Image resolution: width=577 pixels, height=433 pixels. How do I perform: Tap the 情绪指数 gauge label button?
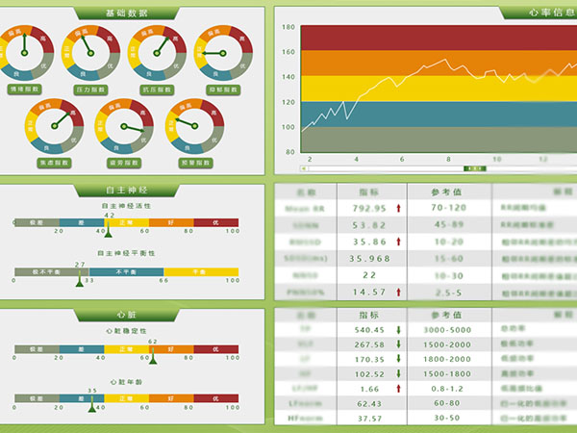pyautogui.click(x=23, y=89)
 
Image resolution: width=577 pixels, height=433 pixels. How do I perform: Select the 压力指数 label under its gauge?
pyautogui.click(x=89, y=89)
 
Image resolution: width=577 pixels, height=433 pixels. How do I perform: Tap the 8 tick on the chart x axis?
pyautogui.click(x=448, y=159)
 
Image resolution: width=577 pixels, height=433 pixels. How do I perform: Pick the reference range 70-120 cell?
pyautogui.click(x=448, y=207)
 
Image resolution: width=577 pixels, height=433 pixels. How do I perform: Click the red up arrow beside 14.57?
pyautogui.click(x=398, y=292)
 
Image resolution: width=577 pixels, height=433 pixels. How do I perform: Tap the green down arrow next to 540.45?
pyautogui.click(x=398, y=330)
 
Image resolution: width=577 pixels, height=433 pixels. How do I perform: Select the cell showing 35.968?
pyautogui.click(x=369, y=258)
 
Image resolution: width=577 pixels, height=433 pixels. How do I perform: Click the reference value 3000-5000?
pyautogui.click(x=448, y=330)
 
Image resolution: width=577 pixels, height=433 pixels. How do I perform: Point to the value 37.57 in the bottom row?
pyautogui.click(x=369, y=419)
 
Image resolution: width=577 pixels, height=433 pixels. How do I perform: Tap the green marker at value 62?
pyautogui.click(x=152, y=360)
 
